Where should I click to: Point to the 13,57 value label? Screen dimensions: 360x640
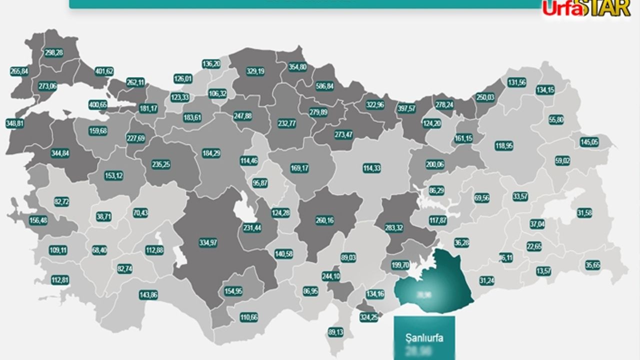tap(544, 271)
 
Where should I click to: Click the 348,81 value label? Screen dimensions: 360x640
tap(15, 123)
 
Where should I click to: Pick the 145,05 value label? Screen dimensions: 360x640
tap(589, 142)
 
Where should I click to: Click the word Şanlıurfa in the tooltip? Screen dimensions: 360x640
tap(424, 337)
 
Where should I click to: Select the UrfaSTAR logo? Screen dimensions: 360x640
tap(586, 9)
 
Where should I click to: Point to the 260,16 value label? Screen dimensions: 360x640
tap(325, 220)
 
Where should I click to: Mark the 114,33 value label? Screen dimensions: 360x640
tap(371, 168)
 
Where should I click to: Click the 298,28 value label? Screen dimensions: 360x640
tap(53, 52)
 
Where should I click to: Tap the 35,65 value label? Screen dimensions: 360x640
tap(592, 265)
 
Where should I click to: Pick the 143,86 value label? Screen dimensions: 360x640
tap(148, 295)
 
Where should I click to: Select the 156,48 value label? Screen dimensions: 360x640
tap(38, 220)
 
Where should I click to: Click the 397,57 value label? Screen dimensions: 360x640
tap(406, 108)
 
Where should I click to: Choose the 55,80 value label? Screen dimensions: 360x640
tap(556, 120)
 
